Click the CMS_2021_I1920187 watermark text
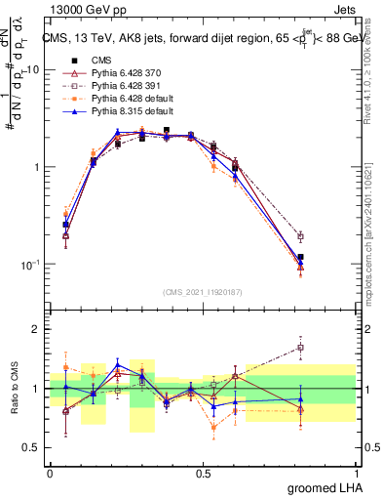point(203,291)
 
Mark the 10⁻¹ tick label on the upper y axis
point(32,264)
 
